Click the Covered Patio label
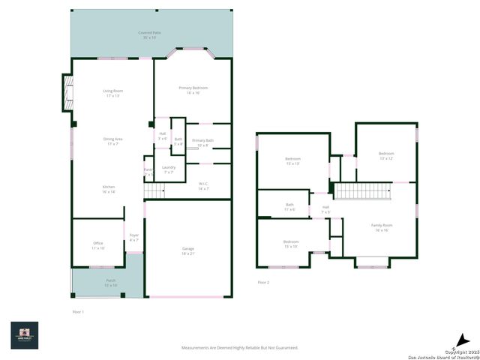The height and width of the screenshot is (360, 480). pos(148,34)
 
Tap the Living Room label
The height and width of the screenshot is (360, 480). pos(112,93)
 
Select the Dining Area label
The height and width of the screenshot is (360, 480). pos(112,141)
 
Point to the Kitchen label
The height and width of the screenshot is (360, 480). pos(109,189)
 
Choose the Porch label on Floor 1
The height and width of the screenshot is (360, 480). pos(110,283)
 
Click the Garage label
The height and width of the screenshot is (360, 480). pos(187,251)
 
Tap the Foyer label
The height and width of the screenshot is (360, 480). pos(134,238)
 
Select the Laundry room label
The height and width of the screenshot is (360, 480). pos(169,169)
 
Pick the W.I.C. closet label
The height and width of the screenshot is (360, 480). pos(203,186)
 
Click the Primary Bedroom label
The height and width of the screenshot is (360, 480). pos(193,90)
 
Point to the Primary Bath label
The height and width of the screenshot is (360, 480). pos(202,142)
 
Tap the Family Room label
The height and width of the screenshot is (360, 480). pos(382,227)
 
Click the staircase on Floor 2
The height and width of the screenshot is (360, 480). pos(363,191)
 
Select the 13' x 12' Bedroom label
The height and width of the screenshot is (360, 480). pos(386,156)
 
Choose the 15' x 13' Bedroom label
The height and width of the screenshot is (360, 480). pos(292,160)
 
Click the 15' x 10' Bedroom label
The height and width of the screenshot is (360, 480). pos(290,244)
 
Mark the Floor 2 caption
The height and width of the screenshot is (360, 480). pos(263,283)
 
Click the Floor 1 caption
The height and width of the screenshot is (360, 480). pos(78,311)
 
